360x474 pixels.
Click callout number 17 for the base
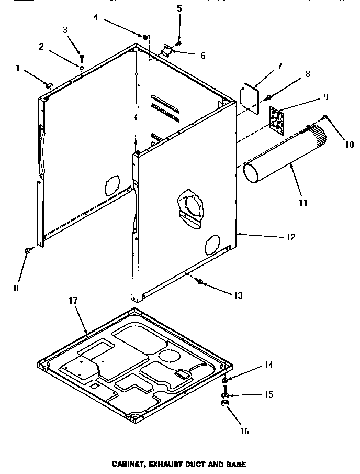72,301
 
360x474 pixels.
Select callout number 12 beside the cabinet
290,237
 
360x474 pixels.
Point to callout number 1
18,68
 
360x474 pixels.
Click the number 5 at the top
179,8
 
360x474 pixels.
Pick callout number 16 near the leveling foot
245,431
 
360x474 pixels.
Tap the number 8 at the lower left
17,288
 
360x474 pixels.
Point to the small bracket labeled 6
167,51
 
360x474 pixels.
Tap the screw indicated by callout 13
199,282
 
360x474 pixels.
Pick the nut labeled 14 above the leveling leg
224,379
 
